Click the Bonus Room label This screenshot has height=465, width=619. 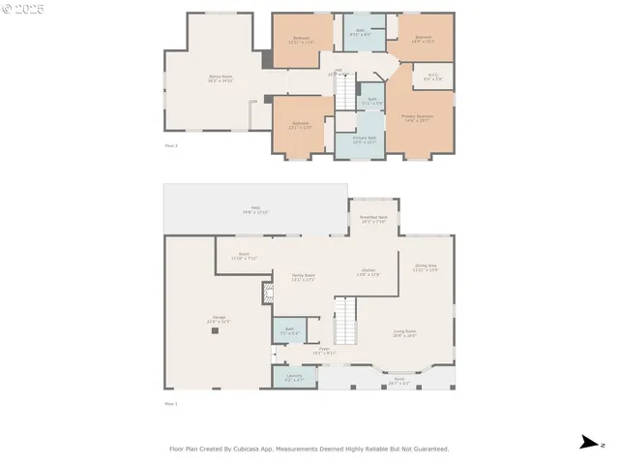(221, 77)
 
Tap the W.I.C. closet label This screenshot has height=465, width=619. (432, 77)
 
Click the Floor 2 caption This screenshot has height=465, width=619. (171, 145)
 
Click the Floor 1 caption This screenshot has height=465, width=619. (171, 402)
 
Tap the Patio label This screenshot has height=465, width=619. (255, 210)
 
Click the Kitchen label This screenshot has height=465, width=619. (368, 272)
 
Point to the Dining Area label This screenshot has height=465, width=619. (426, 267)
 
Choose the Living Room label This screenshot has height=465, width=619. (404, 332)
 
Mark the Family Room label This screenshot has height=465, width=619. (304, 277)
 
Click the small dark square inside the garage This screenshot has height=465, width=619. (216, 330)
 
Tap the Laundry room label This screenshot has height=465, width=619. (294, 377)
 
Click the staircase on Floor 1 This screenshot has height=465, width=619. (346, 319)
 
